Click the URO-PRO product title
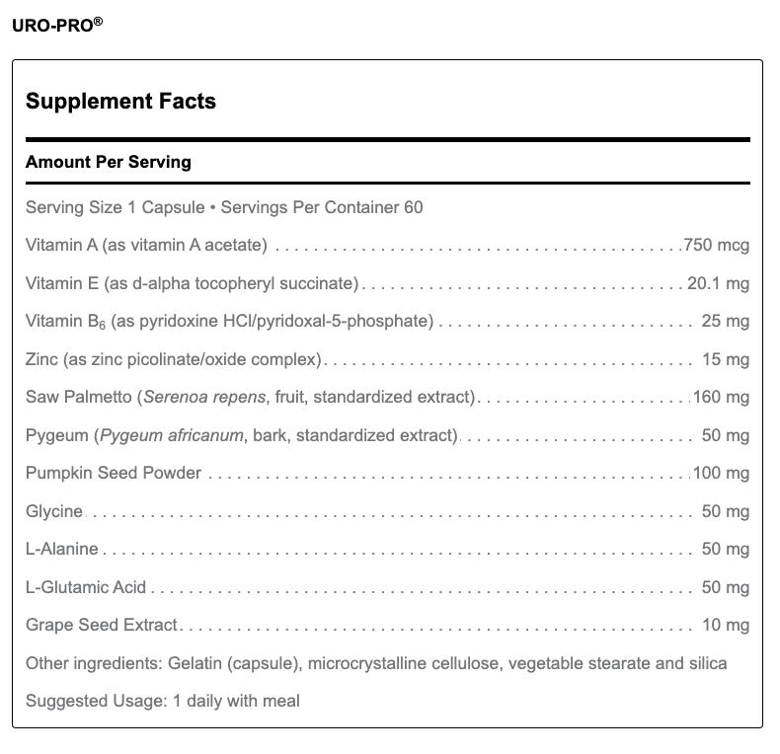pos(55,25)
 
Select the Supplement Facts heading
pos(120,101)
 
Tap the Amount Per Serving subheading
pos(108,162)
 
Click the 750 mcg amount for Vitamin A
pos(717,246)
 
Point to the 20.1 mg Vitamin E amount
pos(719,284)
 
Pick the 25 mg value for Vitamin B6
pos(725,322)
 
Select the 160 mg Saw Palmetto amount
pos(721,398)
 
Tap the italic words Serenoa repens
pos(204,398)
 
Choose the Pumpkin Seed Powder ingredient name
pos(114,473)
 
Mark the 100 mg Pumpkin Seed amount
pos(721,473)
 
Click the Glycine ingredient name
pos(54,511)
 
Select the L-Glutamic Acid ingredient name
pos(86,587)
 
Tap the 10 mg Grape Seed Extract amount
pos(725,625)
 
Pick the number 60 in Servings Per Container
pos(414,208)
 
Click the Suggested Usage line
pos(163,701)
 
